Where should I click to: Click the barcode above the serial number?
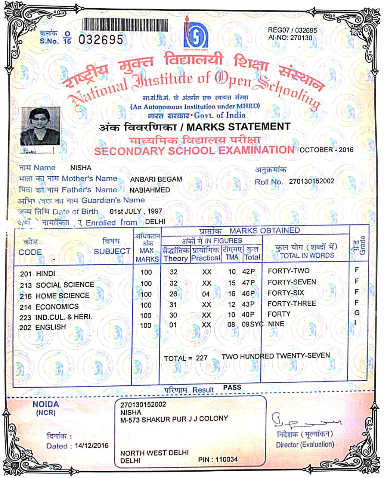(x=125, y=25)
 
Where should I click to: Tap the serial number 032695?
(x=101, y=39)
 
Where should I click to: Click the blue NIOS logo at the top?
(x=196, y=35)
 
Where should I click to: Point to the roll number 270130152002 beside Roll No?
(x=312, y=181)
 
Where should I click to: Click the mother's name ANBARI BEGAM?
(x=156, y=179)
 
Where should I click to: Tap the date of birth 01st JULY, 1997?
(x=136, y=211)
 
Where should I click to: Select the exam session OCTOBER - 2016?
(x=326, y=150)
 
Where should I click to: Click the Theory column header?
(x=175, y=258)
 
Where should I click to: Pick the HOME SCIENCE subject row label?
(x=62, y=296)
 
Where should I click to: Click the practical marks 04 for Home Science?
(x=206, y=294)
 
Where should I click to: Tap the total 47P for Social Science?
(x=248, y=283)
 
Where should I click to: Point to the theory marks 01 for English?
(x=173, y=325)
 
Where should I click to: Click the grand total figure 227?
(x=201, y=358)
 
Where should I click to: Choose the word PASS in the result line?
(x=232, y=388)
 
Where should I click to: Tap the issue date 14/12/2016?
(x=92, y=446)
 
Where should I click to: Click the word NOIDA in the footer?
(x=46, y=404)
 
